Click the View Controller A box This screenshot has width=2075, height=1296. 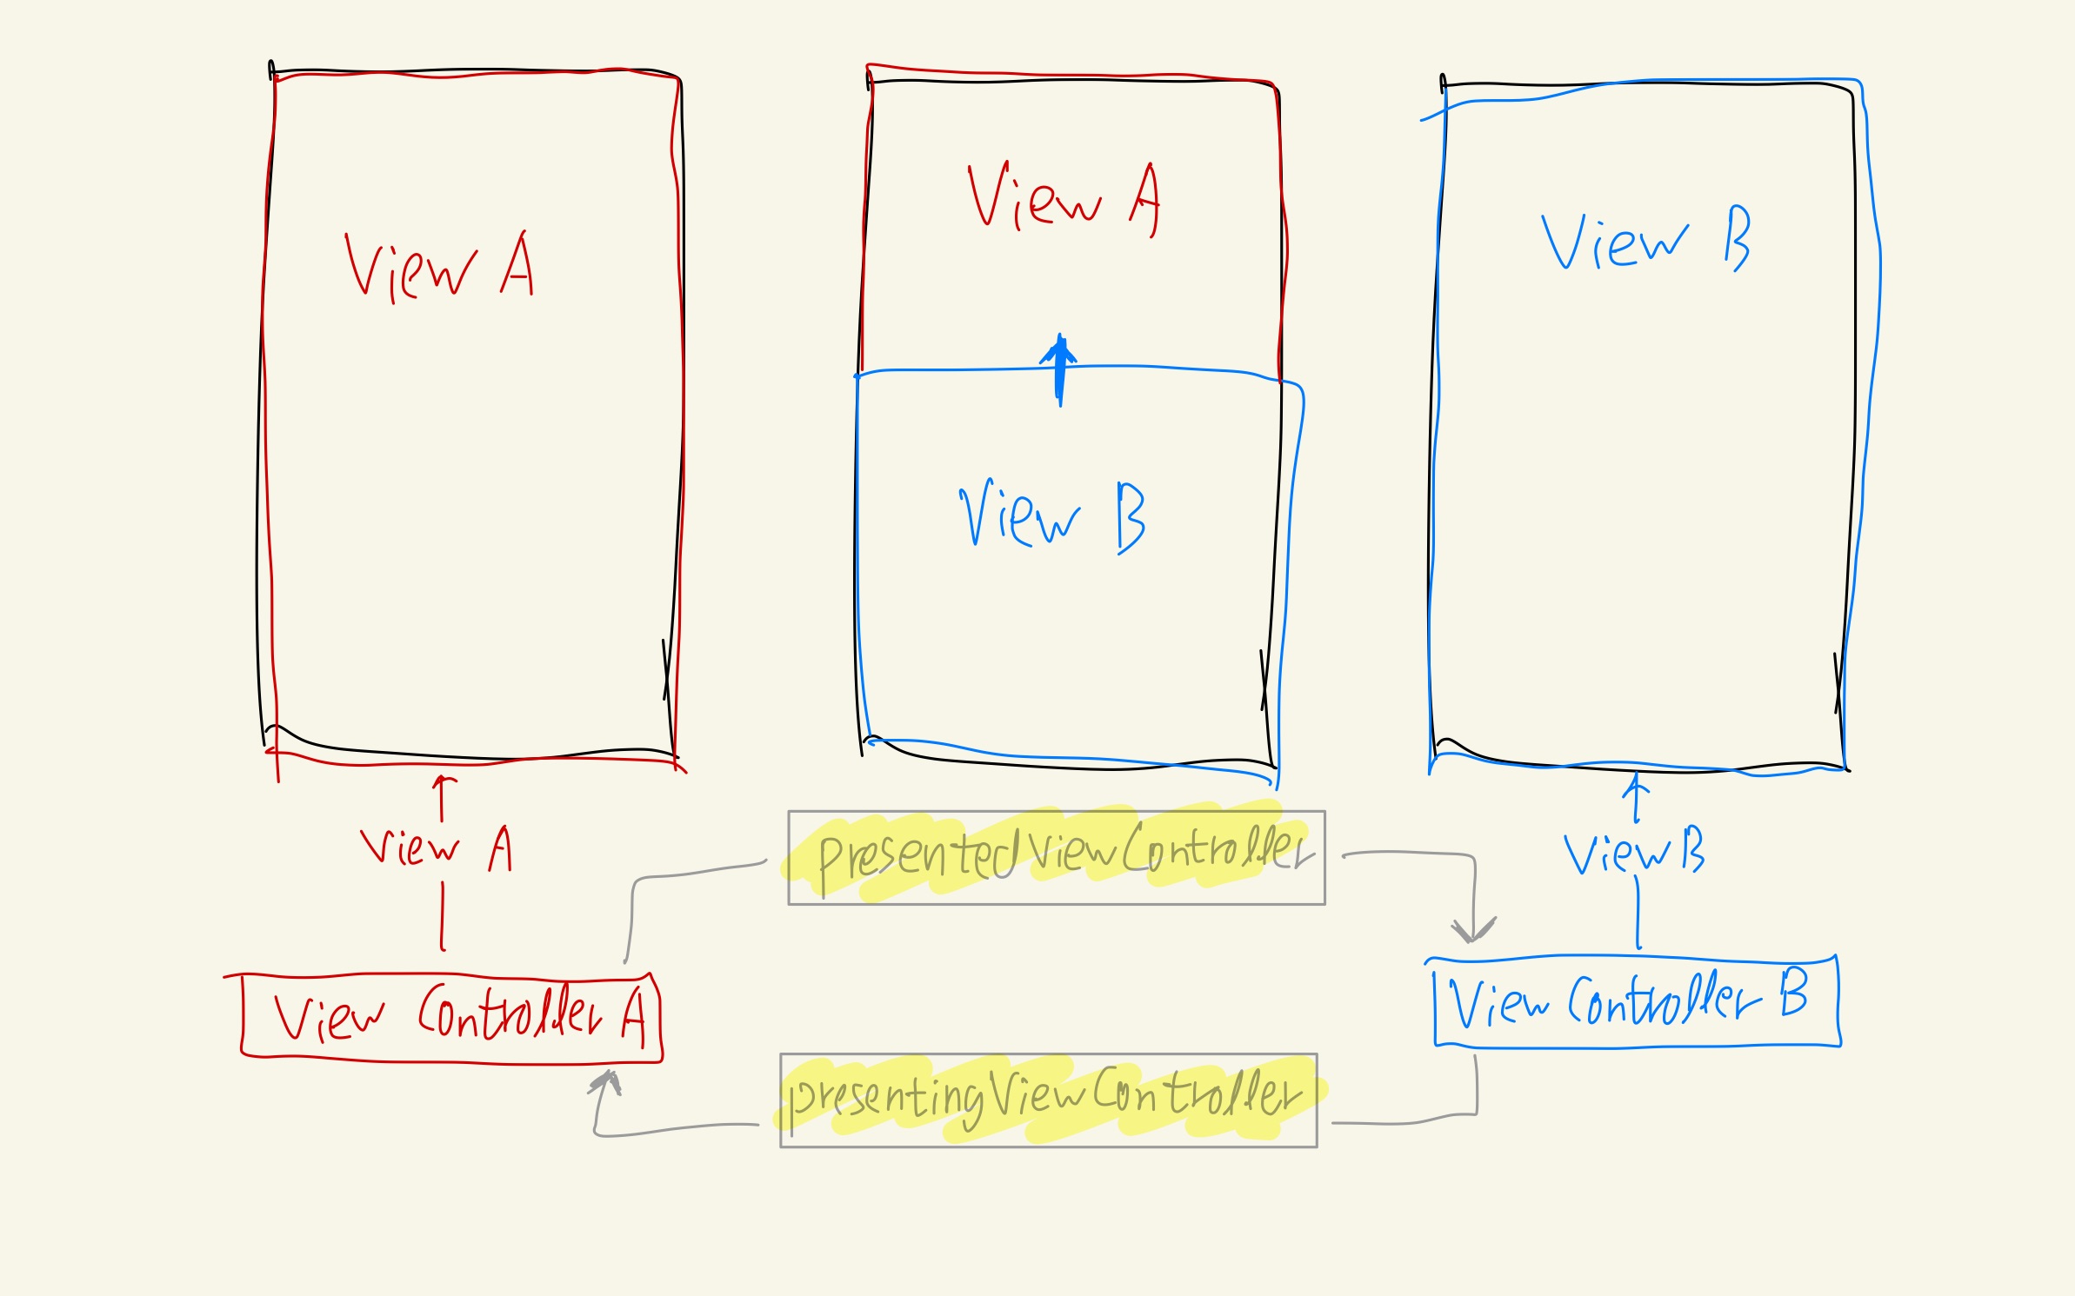[x=450, y=1017]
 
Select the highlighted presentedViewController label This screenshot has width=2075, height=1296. [x=1056, y=858]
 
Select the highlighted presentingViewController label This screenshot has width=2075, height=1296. [x=1048, y=1100]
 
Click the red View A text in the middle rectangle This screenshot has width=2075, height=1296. [x=1063, y=199]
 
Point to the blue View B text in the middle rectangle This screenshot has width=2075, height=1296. [x=1052, y=516]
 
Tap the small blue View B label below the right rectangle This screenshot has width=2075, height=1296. [x=1633, y=852]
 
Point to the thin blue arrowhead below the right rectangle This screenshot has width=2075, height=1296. [x=1636, y=784]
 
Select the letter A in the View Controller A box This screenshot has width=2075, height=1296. [x=634, y=1017]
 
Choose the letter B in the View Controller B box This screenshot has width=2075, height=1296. [x=1793, y=994]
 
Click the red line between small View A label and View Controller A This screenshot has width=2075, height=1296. [x=443, y=917]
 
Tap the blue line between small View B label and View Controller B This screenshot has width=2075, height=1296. [x=1638, y=913]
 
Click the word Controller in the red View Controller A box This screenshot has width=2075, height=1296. [x=510, y=1013]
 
